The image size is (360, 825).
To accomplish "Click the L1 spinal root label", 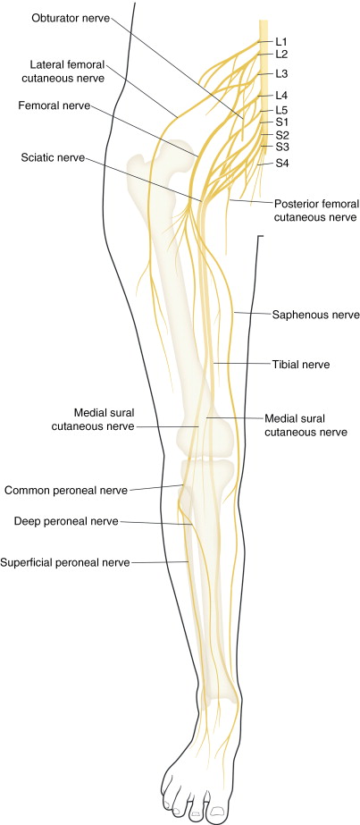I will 281,41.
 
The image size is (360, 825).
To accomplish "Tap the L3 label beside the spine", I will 281,72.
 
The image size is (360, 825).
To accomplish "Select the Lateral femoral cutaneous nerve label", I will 67,72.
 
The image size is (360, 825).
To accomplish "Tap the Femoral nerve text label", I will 54,105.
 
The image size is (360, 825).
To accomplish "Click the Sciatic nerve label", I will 52,157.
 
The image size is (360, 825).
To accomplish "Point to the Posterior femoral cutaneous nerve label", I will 315,210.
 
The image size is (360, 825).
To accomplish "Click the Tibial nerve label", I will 301,365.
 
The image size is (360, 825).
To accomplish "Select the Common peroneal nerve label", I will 66,490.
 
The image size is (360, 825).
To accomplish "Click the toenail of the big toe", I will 216,813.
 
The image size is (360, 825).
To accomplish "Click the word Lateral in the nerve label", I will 47,64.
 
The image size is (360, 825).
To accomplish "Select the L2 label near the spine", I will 281,54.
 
